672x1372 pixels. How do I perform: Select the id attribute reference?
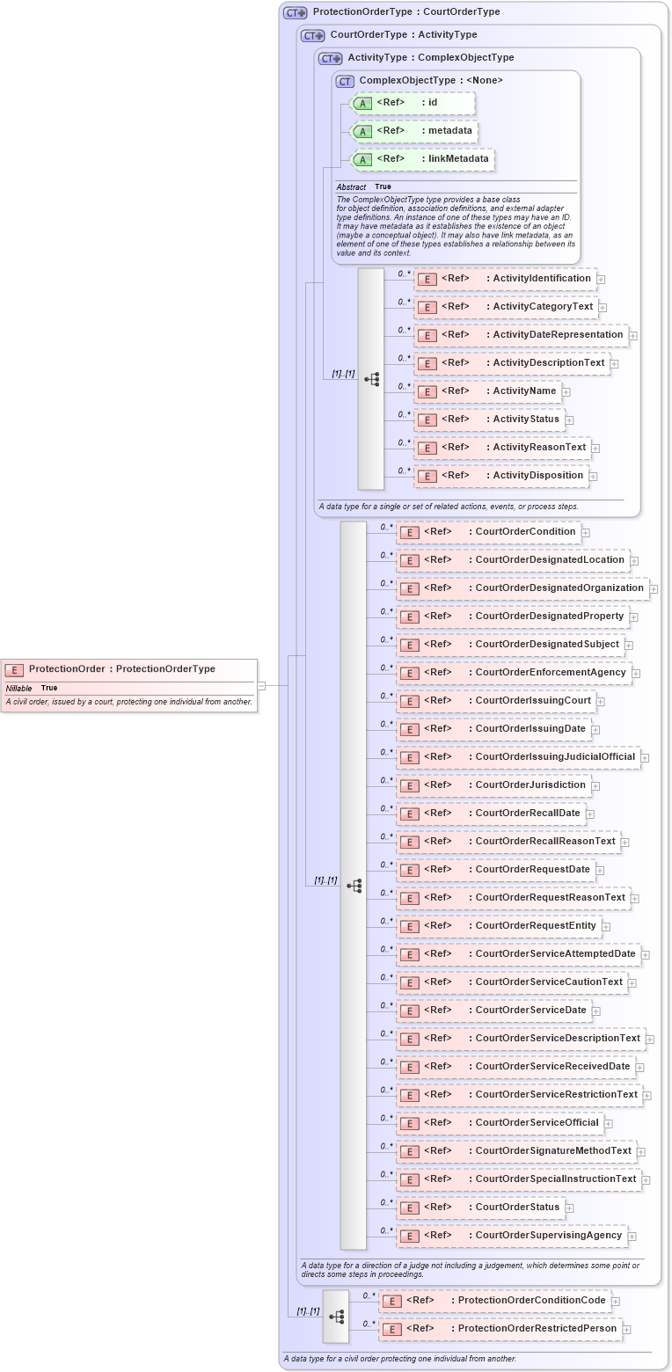pos(413,103)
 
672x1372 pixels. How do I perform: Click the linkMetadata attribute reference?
pos(422,159)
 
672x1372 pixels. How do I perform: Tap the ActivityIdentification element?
pos(505,279)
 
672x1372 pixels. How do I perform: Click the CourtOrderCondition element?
pos(488,532)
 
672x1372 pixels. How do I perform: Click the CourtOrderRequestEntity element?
pos(498,926)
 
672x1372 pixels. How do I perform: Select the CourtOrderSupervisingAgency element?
pos(511,1236)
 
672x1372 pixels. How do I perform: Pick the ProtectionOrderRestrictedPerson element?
pos(500,1329)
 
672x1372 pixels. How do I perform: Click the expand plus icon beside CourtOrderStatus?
pos(570,1208)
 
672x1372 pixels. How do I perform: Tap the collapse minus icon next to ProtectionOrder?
pos(261,685)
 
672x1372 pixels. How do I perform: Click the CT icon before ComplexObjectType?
pos(345,81)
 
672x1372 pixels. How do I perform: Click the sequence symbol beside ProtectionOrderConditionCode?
pos(336,1317)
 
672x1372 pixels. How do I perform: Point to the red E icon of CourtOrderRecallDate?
pos(409,814)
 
